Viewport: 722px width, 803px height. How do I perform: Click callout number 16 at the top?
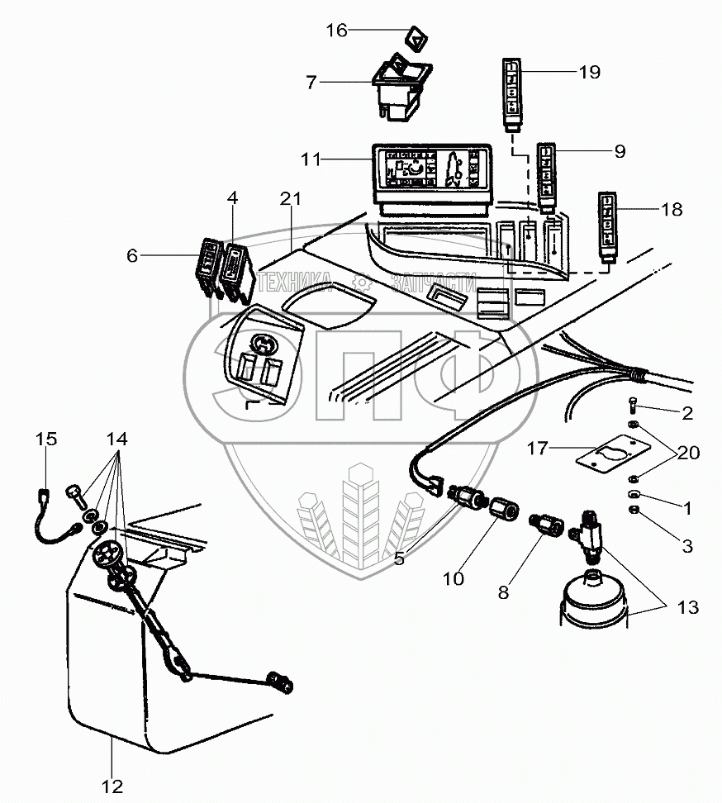click(336, 31)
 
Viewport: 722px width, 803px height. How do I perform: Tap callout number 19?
click(588, 72)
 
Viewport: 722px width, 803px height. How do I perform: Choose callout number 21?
click(291, 200)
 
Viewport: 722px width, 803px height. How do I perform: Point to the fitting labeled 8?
click(546, 525)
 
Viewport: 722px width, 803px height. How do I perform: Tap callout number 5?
click(399, 558)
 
